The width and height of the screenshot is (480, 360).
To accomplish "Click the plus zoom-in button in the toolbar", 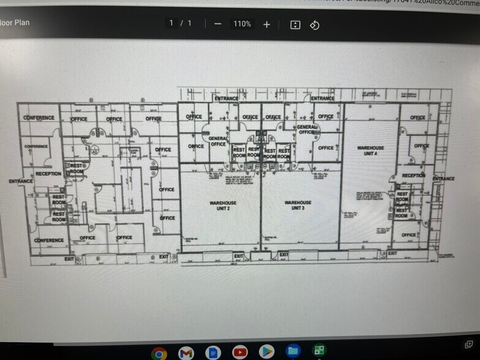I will click(266, 24).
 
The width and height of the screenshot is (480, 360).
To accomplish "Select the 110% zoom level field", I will click(242, 24).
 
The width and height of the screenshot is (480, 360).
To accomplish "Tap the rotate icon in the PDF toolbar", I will click(314, 24).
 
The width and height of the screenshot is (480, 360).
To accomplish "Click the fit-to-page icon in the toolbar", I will click(295, 24).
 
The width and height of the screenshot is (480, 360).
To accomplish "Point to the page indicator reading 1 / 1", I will click(180, 23).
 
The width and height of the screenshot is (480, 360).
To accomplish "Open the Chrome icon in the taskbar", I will click(159, 353).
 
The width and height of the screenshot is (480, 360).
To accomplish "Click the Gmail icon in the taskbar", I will click(186, 353).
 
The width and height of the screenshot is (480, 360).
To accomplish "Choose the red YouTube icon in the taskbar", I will click(239, 353).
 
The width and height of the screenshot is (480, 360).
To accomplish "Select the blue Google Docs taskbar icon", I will click(212, 353).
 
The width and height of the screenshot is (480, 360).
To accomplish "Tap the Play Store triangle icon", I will click(266, 352).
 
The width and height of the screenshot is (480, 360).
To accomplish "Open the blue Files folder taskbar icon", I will click(293, 352).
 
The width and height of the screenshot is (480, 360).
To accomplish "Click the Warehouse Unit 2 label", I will click(220, 205).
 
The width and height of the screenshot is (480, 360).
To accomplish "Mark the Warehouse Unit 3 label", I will click(298, 205).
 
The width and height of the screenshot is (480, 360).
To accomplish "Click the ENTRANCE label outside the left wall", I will click(21, 181).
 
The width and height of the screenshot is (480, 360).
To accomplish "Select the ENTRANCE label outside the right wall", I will click(443, 179).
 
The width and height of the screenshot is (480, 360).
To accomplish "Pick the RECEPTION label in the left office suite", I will click(48, 174).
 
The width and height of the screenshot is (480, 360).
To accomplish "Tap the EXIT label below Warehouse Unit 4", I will click(392, 253).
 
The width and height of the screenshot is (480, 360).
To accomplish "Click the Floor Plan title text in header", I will click(15, 23).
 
